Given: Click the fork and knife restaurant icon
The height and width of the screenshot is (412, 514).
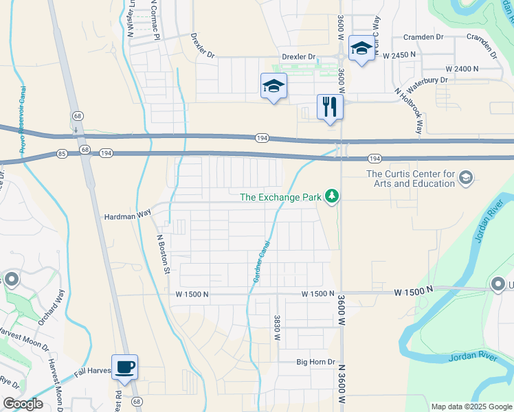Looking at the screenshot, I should (x=330, y=107).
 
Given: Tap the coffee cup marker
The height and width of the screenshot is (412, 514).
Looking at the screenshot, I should (x=124, y=367).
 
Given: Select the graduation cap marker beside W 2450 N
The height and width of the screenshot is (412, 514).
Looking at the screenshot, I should (x=361, y=49).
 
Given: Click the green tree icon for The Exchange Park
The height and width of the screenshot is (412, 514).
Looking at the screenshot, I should (x=333, y=197).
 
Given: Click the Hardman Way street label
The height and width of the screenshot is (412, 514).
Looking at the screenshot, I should (x=127, y=215).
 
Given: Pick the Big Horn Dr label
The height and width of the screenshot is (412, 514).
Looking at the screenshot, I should (x=315, y=362).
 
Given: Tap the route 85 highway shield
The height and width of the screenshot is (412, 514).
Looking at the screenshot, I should (x=62, y=152).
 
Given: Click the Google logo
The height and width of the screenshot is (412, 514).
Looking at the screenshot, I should (x=23, y=404).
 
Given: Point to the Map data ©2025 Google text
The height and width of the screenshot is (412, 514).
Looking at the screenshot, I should (x=471, y=407).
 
